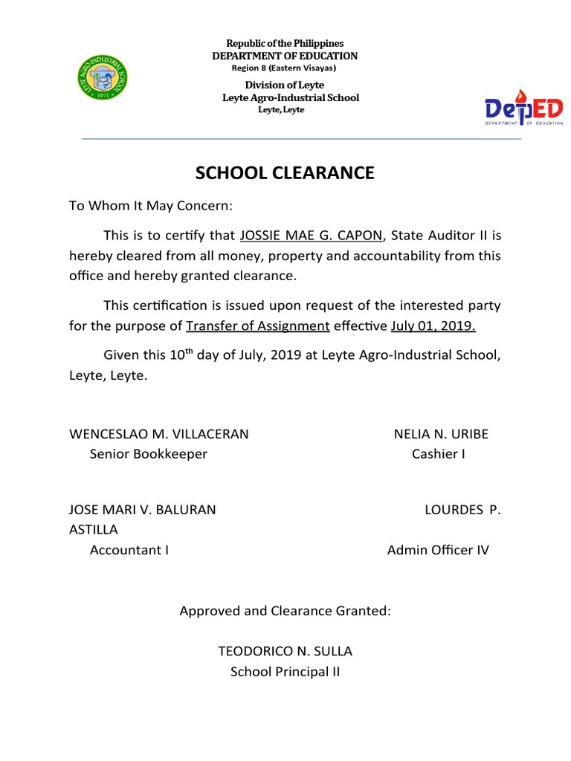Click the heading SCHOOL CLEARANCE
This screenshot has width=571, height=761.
click(285, 173)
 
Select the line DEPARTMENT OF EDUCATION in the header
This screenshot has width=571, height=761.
click(285, 56)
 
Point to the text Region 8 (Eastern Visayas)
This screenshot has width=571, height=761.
click(284, 68)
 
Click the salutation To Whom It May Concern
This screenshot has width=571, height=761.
click(151, 206)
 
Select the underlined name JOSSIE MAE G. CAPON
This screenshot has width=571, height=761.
click(311, 236)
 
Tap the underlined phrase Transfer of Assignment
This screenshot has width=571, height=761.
click(257, 326)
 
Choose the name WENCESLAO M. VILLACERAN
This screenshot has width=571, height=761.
click(158, 434)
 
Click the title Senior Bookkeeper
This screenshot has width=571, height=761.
click(148, 454)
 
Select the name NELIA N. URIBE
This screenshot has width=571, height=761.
click(441, 434)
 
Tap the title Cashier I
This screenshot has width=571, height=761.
click(439, 454)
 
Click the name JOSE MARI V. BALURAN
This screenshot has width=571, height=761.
click(142, 510)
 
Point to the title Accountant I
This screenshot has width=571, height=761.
click(129, 550)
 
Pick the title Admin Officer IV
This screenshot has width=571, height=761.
click(438, 550)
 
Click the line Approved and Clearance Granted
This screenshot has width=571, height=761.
click(285, 611)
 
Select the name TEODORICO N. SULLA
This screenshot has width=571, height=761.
click(285, 652)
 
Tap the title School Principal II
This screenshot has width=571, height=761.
click(285, 672)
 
